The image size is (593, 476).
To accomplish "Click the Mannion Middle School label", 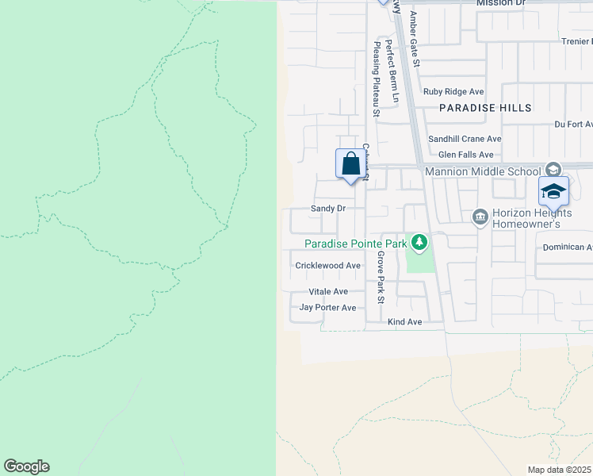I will coord(482,171).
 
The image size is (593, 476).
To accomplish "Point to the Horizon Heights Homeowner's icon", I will coord(480,217).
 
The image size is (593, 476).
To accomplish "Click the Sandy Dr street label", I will coord(328,209).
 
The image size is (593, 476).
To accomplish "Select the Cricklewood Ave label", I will coord(328,266).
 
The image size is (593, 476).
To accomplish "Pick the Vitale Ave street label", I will coord(328,292).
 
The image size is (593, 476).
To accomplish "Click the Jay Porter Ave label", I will coord(328,307).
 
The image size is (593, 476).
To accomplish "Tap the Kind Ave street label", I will coord(404,322).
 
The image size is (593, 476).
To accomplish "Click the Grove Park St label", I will coord(381,278).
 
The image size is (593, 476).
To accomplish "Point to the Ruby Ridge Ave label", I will coord(453,92).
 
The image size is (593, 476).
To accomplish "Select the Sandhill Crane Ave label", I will coord(465,139).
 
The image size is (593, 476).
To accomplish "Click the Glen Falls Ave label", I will coord(466,155).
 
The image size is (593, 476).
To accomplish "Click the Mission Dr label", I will coord(501,3).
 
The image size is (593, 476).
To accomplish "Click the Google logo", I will coord(26,466).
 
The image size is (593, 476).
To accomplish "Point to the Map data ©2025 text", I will coord(560,470).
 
